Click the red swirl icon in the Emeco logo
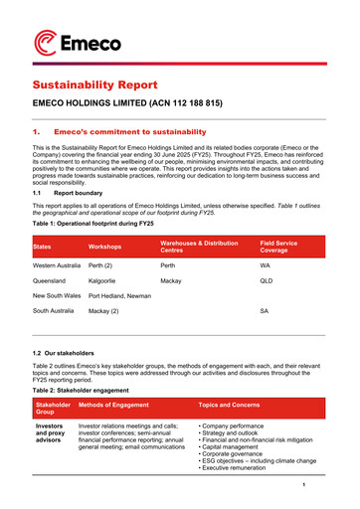point(47,41)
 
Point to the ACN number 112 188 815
point(194,103)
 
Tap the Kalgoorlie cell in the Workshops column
point(106,281)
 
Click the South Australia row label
point(55,311)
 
